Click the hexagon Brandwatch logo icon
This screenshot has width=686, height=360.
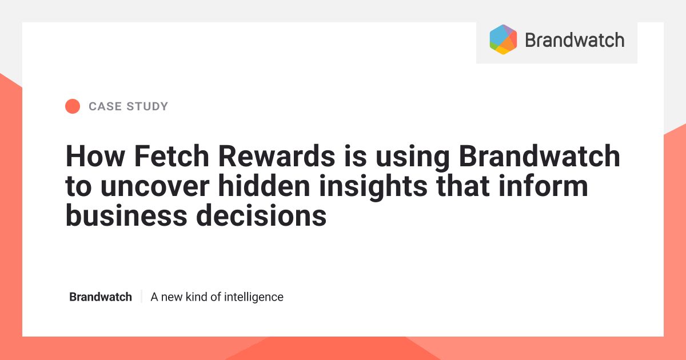click(x=503, y=39)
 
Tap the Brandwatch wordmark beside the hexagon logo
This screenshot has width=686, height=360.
click(x=574, y=40)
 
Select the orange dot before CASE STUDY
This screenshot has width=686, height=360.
click(x=73, y=106)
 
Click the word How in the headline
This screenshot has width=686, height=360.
click(x=90, y=155)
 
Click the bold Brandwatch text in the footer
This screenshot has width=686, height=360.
click(x=101, y=297)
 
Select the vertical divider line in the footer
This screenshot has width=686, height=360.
click(x=141, y=297)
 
